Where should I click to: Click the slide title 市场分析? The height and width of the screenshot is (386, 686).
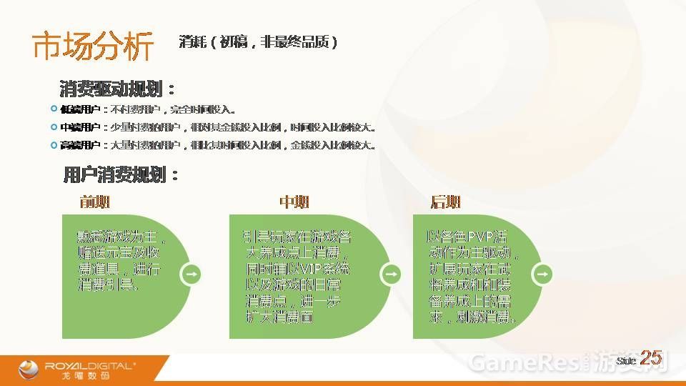[x=93, y=47]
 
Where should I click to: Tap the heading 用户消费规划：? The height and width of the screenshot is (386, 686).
[x=120, y=175]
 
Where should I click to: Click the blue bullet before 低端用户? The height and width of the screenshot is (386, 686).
[x=54, y=109]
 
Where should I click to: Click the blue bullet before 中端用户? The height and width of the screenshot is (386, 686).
[x=54, y=127]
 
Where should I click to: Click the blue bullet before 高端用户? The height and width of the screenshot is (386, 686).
[x=54, y=144]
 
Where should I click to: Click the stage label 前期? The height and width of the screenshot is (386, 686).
[x=95, y=202]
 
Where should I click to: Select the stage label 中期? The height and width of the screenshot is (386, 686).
[x=294, y=202]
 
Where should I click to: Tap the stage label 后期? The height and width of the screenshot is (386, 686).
[x=445, y=202]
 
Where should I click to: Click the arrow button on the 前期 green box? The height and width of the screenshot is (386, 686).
[x=192, y=274]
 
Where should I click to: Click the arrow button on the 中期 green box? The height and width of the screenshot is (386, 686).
[x=392, y=274]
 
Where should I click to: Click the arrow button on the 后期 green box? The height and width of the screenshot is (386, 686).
[x=542, y=274]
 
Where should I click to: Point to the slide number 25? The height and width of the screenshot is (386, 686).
[x=650, y=358]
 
